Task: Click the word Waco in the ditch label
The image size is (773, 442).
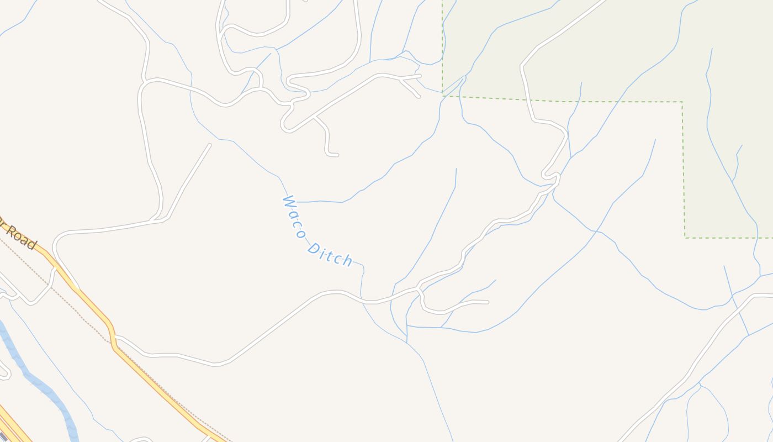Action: (294, 217)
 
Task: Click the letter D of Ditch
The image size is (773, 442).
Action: (313, 248)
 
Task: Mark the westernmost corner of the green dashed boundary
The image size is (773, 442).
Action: (442, 96)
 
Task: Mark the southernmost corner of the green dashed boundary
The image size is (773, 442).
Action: (685, 238)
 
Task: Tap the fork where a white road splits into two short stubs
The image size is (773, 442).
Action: (401, 79)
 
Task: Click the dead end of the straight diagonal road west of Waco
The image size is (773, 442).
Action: (209, 145)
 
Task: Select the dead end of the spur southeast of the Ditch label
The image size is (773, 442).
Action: (488, 302)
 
